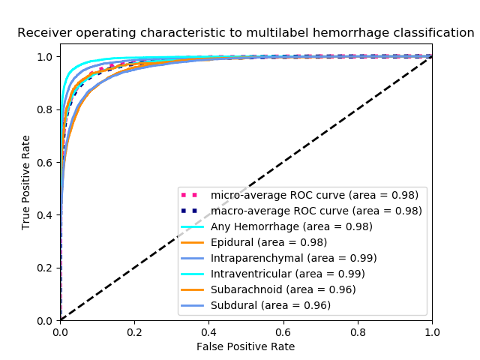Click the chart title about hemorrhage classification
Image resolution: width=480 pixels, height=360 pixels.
point(246,33)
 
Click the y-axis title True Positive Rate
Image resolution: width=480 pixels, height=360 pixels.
point(26,182)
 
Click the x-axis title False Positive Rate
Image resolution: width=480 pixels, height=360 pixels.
point(246,346)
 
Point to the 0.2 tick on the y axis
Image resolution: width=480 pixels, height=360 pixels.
point(46,268)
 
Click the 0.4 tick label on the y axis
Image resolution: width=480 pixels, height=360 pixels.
point(46,215)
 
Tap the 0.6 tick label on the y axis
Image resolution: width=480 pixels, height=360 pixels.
point(46,163)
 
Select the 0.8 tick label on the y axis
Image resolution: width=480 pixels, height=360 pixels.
point(46,109)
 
